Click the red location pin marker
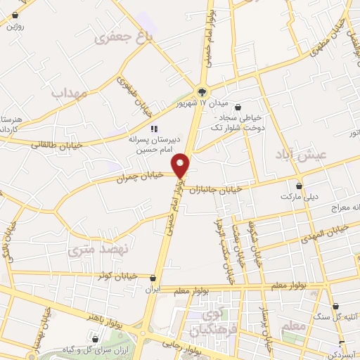[x=183, y=166]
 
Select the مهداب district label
[x=69, y=91]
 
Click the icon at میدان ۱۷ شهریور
[x=202, y=91]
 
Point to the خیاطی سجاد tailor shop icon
[x=238, y=107]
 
